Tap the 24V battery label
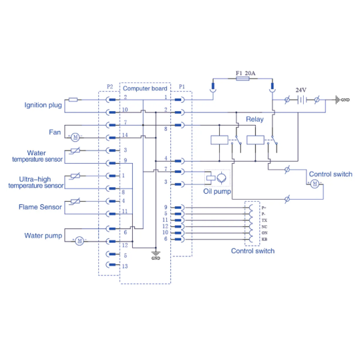(x=301, y=90)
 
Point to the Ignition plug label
(x=43, y=104)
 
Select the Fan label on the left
(x=55, y=132)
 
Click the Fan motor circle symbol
(x=75, y=137)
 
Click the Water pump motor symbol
(x=79, y=240)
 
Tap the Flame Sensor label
(x=41, y=207)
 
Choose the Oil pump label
(x=217, y=191)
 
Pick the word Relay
(x=255, y=119)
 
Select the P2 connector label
(x=109, y=87)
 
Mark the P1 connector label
(x=181, y=87)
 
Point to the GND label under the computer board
(x=155, y=258)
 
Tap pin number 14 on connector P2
(x=125, y=135)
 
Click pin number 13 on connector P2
(x=124, y=266)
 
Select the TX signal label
(x=264, y=220)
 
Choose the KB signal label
(x=264, y=239)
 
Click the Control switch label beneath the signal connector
(x=253, y=251)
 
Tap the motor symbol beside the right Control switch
(x=314, y=184)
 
